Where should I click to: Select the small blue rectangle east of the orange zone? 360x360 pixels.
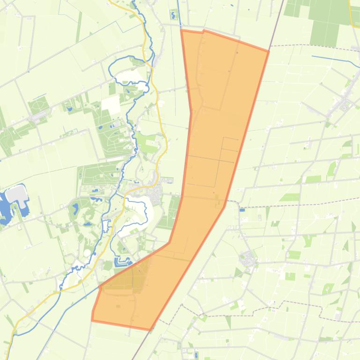(242, 210)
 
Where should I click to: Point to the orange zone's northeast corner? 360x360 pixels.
(269, 51)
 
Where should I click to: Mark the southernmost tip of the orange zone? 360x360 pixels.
(150, 329)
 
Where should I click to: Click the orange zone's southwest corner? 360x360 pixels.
(92, 320)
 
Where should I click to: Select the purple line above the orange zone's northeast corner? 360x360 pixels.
(279, 19)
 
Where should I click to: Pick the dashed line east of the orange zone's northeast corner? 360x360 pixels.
(309, 46)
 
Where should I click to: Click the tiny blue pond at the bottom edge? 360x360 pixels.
(196, 355)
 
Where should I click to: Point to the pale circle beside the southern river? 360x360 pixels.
(88, 253)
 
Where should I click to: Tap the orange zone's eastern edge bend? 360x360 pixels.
(225, 206)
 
